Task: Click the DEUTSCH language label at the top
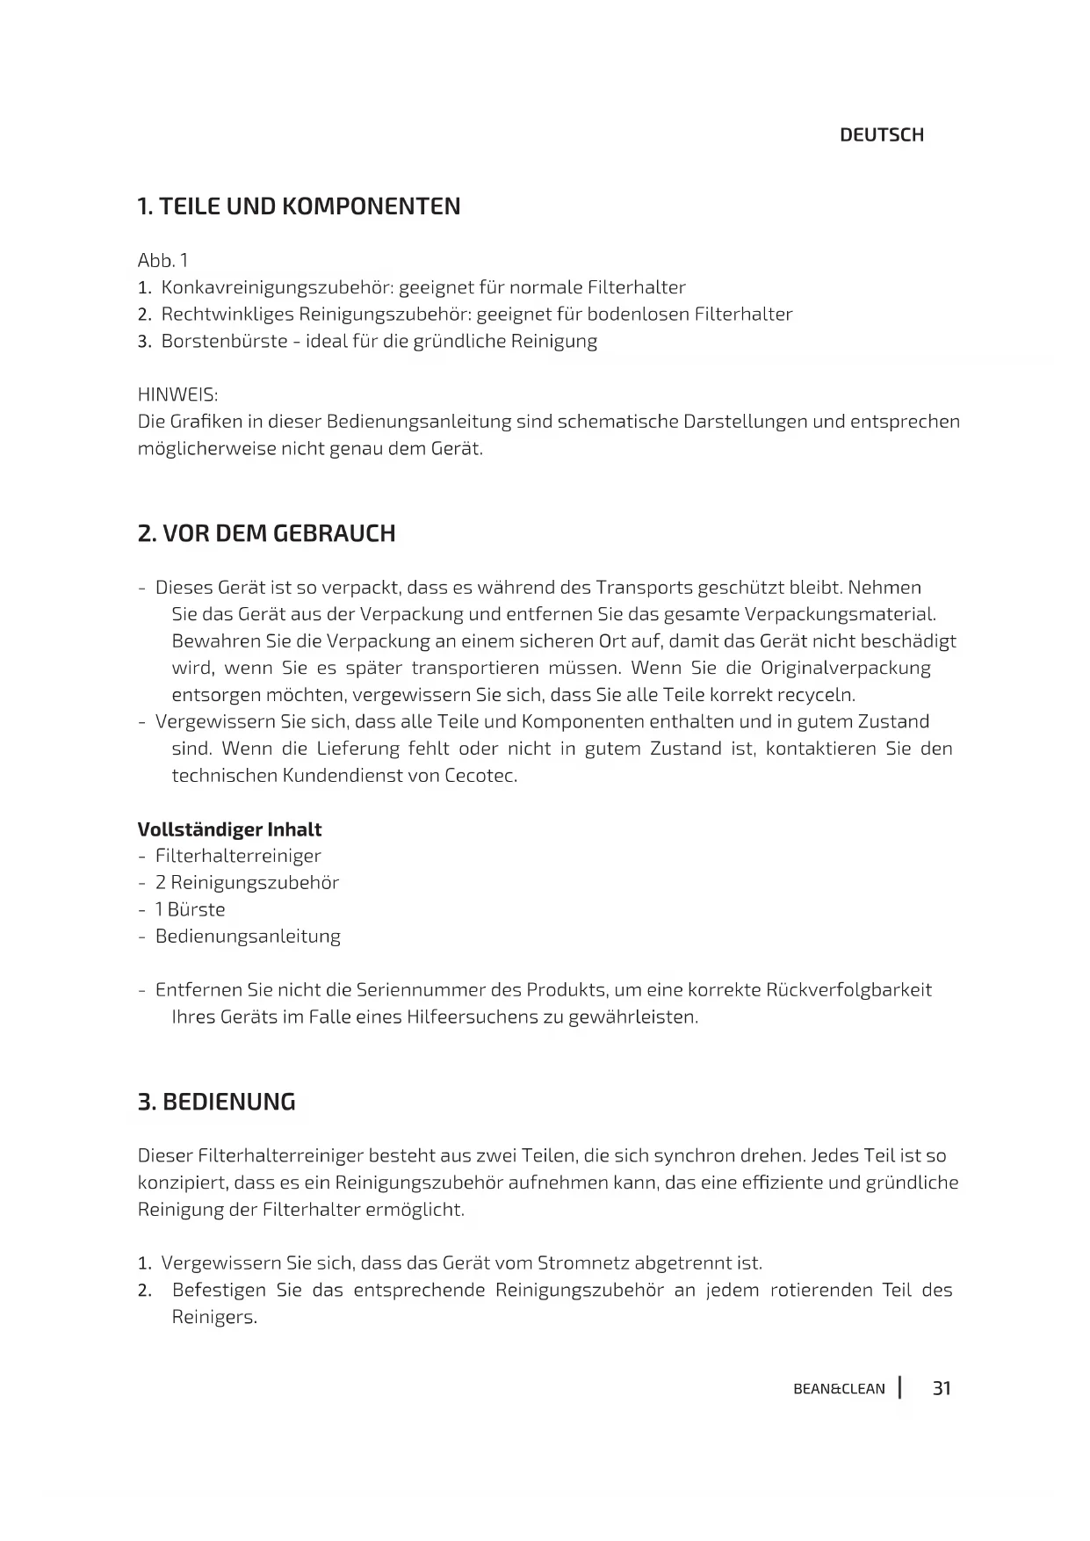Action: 881,135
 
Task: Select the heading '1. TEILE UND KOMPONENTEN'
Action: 299,206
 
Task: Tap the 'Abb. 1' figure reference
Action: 162,261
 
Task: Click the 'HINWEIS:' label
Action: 177,394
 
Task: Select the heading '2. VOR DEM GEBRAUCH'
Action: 266,533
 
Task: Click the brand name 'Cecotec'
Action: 480,777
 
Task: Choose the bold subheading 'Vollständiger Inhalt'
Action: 229,829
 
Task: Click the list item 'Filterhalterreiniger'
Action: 238,856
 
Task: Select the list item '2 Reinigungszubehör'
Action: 247,883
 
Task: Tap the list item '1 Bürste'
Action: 190,910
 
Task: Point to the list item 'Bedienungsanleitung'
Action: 248,937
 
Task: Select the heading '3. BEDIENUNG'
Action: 216,1102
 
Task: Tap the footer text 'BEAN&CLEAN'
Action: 839,1389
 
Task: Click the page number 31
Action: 942,1388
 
